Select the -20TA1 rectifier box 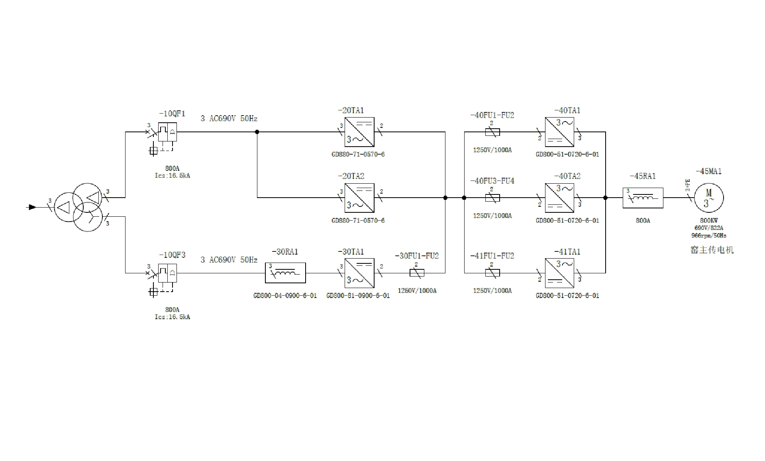359,132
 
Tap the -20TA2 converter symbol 359,198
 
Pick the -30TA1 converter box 359,273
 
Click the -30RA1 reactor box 285,273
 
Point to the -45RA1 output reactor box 643,198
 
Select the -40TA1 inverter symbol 559,132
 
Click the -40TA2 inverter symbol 559,198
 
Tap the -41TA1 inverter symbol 559,273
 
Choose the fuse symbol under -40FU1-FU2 492,132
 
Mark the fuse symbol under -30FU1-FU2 417,273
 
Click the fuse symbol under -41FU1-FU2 492,273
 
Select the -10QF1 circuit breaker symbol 167,132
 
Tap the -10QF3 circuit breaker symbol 167,273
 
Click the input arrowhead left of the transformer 32,207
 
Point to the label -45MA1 709,171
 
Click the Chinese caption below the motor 712,250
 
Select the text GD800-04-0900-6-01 285,296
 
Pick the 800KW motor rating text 709,220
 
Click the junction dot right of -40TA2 606,198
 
